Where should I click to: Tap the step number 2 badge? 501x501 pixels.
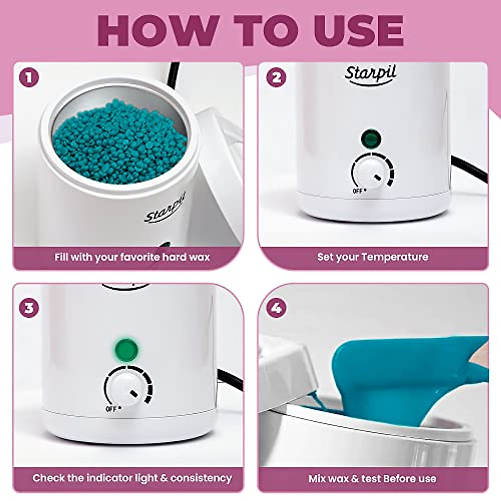(x=276, y=78)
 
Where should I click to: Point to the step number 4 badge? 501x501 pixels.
(x=276, y=308)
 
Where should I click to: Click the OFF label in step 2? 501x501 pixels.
(x=357, y=191)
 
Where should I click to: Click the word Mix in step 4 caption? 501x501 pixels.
(x=317, y=478)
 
